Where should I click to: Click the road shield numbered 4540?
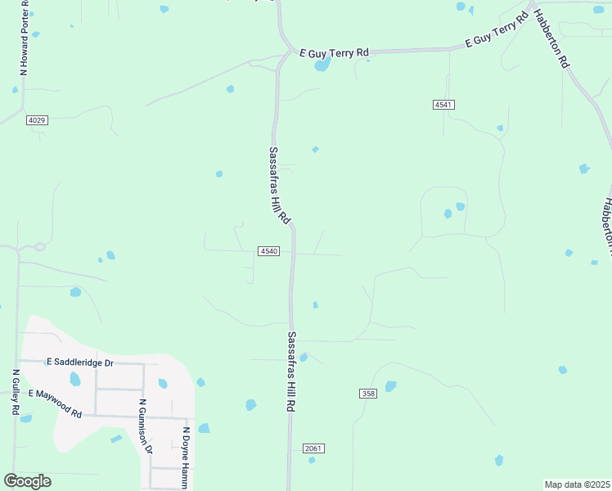[x=269, y=250]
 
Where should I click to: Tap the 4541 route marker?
[x=443, y=105]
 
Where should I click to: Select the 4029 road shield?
[x=37, y=120]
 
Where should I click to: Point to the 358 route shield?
[x=368, y=394]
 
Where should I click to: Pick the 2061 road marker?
[x=313, y=448]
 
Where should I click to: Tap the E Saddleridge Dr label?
[x=80, y=361]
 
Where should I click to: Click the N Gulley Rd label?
[x=15, y=392]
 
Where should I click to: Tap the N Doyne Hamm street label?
[x=187, y=458]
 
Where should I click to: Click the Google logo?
[x=27, y=481]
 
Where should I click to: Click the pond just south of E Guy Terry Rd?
[x=322, y=64]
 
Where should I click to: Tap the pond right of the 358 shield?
[x=390, y=386]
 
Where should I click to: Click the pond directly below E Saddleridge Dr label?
[x=75, y=379]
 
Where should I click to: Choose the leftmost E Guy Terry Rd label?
[x=334, y=52]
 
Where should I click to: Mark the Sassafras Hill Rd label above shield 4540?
[x=279, y=186]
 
